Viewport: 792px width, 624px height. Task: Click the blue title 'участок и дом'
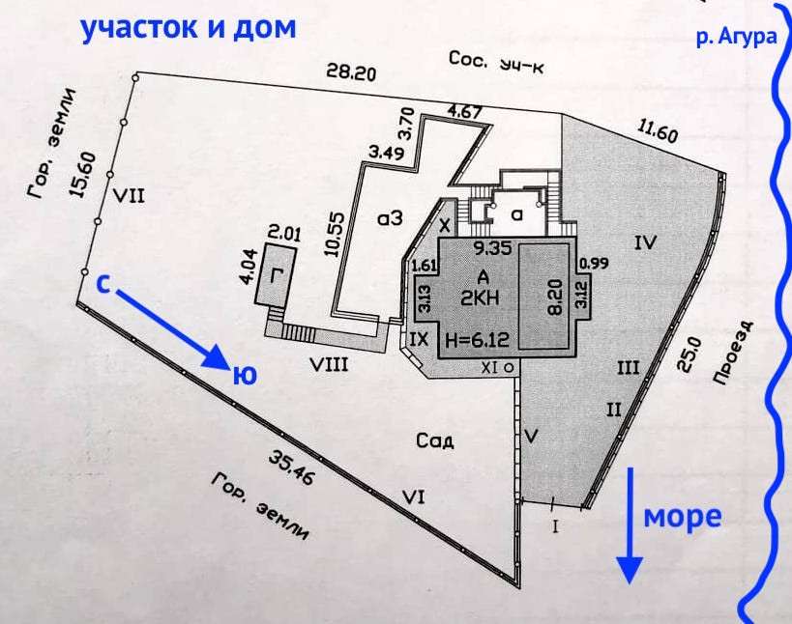point(189,28)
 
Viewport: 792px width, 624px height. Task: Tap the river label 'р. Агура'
point(737,37)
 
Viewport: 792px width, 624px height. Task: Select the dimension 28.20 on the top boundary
point(351,71)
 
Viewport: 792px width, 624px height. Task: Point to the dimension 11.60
point(657,132)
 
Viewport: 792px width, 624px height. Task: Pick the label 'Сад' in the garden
point(435,440)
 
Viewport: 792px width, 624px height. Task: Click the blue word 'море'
point(682,517)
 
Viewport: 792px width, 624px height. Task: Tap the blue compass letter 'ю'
point(245,375)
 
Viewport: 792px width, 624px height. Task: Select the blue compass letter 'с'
point(103,284)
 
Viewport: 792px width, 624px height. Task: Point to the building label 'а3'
point(390,218)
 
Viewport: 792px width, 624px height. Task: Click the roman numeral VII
point(129,195)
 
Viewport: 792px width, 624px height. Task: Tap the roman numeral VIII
point(329,363)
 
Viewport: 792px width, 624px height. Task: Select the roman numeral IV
point(646,242)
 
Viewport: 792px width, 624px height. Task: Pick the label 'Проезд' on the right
point(733,353)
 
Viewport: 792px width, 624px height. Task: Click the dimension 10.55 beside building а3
point(336,234)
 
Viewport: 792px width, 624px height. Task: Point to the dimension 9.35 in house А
point(492,247)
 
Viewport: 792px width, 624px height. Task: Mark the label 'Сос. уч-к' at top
point(496,62)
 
